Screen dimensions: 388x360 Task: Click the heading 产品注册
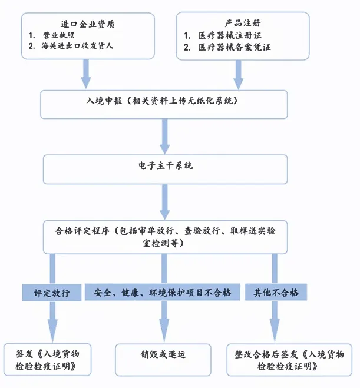(x=243, y=23)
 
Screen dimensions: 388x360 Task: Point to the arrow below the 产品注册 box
(x=239, y=74)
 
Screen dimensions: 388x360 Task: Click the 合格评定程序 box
(x=165, y=237)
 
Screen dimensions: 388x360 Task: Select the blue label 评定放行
(x=52, y=293)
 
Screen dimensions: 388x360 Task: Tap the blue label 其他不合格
(x=276, y=293)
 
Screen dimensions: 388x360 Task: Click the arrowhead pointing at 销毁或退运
(x=164, y=330)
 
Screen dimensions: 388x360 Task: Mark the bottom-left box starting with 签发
(x=48, y=359)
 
